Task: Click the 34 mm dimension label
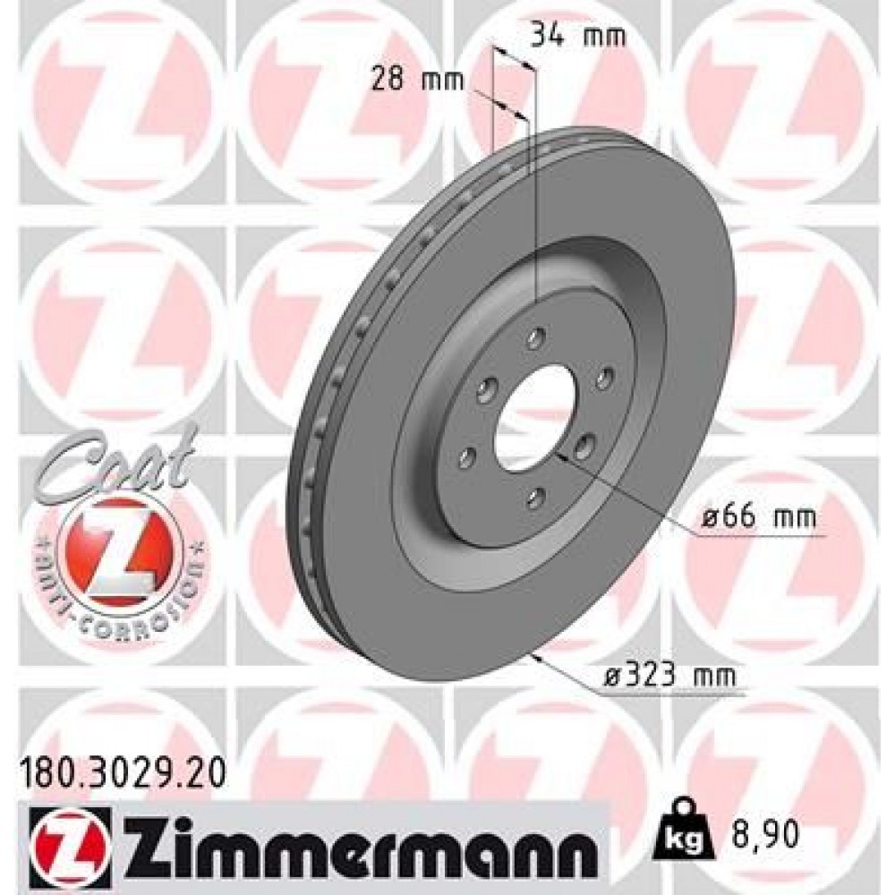[x=578, y=38]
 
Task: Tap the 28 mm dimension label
[x=419, y=81]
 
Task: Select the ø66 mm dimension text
[x=759, y=516]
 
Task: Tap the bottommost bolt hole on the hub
[x=535, y=494]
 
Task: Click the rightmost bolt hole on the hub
[x=605, y=378]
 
